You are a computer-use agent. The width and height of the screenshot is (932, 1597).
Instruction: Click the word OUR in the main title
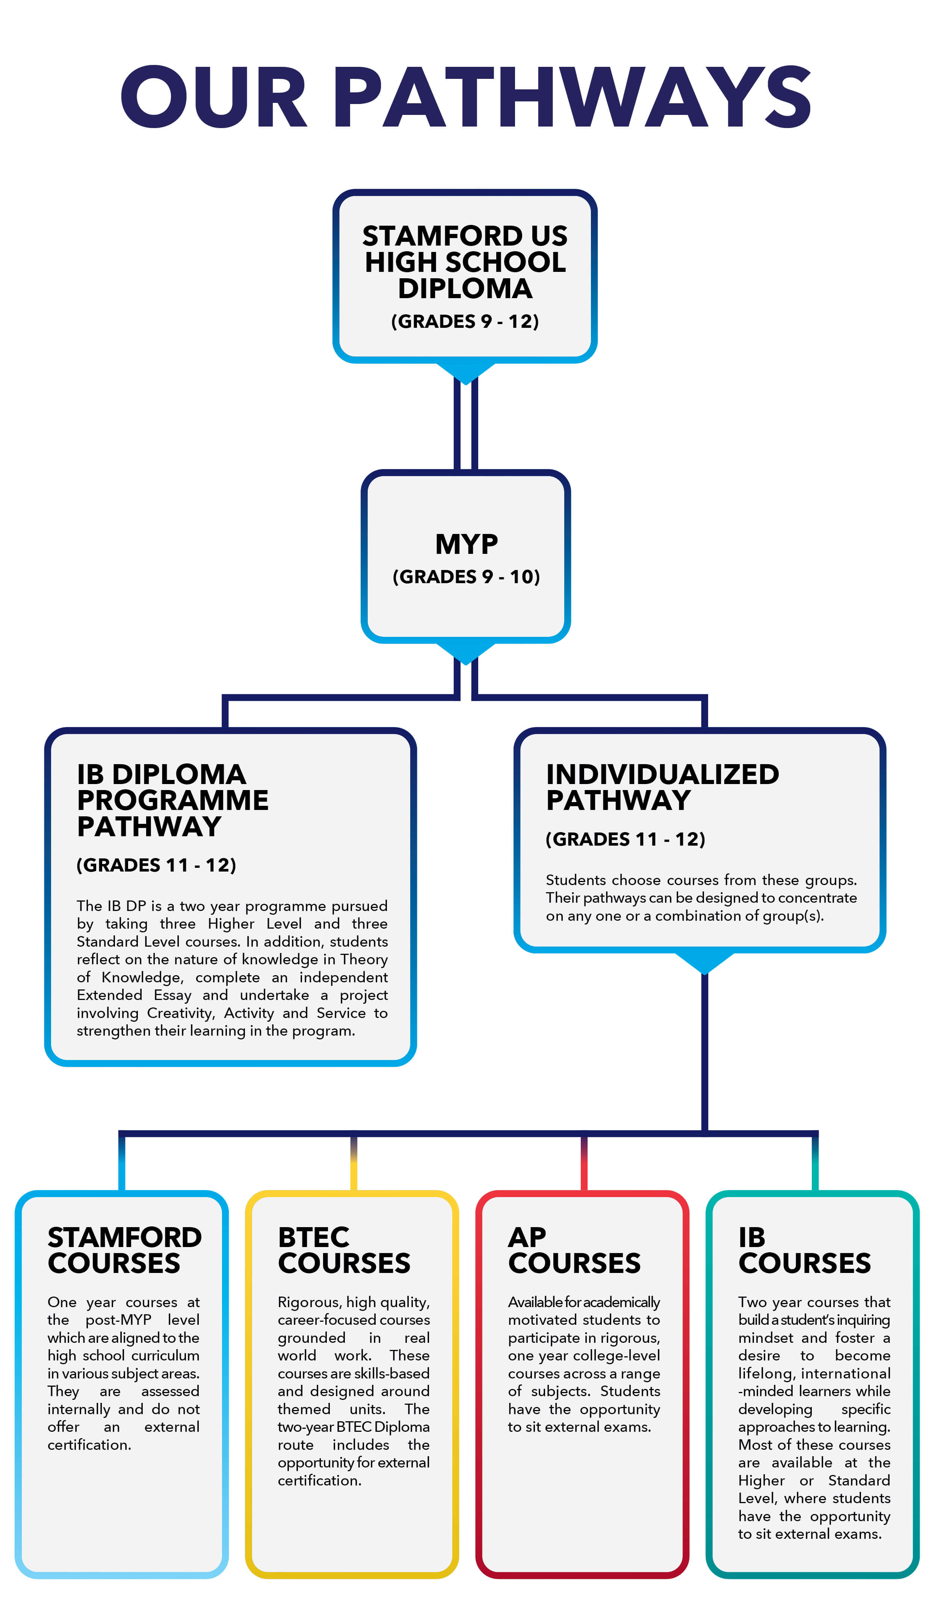point(214,97)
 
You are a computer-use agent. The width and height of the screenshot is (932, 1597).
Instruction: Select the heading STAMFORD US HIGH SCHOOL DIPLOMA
point(465,262)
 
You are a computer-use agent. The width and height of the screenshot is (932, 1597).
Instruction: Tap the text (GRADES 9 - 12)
point(465,321)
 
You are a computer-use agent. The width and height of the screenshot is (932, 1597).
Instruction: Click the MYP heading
point(466,544)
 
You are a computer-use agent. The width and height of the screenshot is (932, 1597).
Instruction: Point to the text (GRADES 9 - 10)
point(466,577)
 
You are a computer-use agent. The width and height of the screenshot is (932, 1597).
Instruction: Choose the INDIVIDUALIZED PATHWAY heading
point(663,787)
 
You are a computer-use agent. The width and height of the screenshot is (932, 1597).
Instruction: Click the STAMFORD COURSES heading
point(124,1250)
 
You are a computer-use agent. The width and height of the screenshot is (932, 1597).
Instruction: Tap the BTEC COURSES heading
point(344,1250)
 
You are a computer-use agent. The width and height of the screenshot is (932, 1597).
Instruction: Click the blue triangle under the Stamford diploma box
point(465,372)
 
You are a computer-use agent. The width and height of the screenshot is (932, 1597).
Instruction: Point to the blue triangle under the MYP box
point(465,652)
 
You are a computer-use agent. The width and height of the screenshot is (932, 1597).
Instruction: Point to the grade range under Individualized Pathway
point(625,839)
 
